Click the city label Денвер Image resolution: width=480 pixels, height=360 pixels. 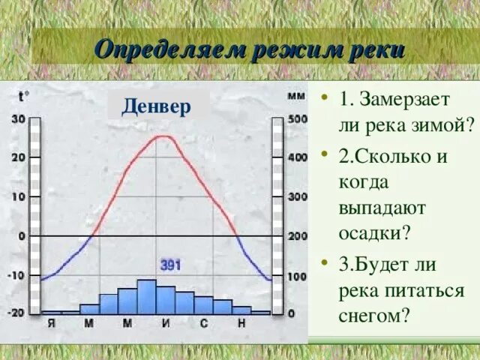coord(157,105)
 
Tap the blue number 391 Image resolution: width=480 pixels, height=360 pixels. coord(170,265)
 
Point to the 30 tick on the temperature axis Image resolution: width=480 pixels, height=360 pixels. coord(18,118)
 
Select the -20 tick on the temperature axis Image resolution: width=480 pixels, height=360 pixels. coord(16,312)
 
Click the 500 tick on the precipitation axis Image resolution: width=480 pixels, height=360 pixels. coord(297,118)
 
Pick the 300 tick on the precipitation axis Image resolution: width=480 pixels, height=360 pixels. coord(297,196)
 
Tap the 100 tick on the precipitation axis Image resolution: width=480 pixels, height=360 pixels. coord(297,276)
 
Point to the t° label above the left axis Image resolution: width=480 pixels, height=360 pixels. coord(23,95)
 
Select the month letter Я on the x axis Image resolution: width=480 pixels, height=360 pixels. coord(51,323)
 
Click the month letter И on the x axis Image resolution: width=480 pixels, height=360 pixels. coord(166,323)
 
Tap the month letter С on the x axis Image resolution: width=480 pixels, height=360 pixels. coord(203,323)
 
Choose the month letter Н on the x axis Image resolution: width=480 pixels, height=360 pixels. coord(241,323)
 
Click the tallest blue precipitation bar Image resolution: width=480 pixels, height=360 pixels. coord(146,296)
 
